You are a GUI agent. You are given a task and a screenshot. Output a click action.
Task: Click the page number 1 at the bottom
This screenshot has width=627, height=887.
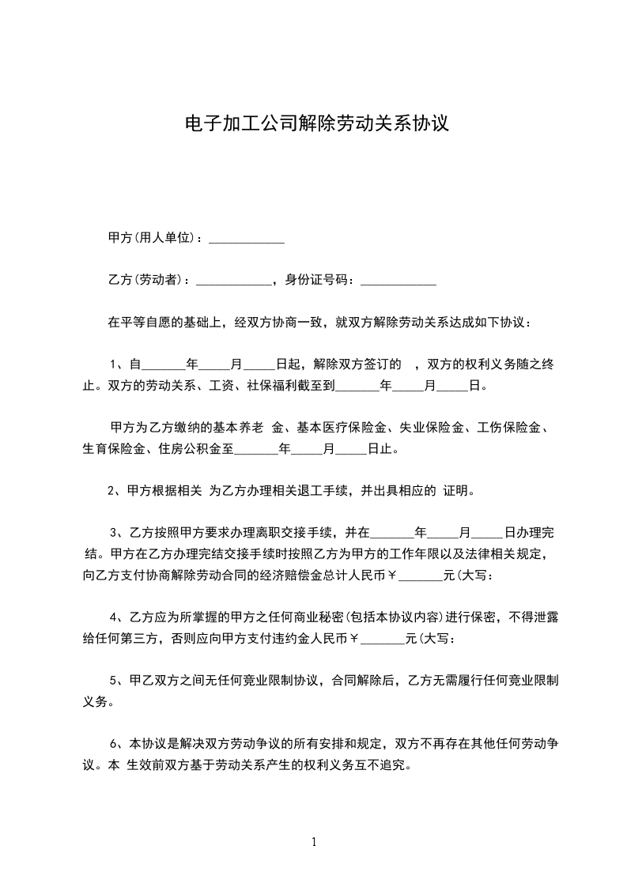314,842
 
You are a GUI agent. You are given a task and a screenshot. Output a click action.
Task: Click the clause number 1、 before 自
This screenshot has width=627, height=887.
118,364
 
